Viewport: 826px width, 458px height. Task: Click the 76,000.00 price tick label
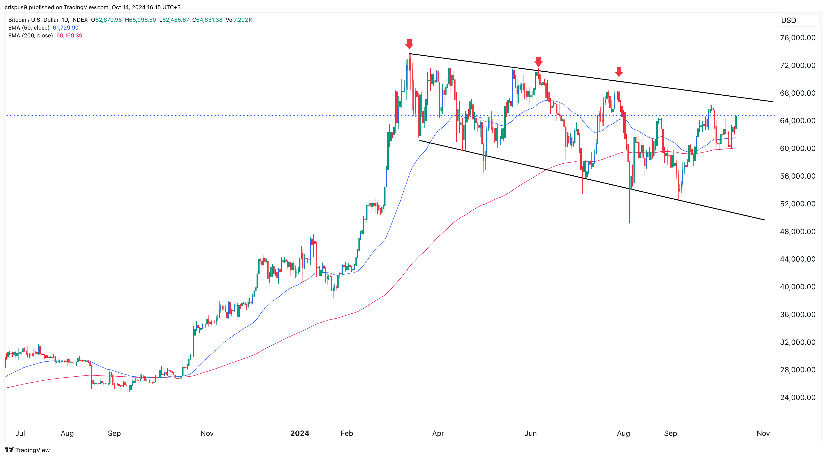click(798, 38)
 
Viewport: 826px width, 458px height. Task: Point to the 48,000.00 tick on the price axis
click(798, 231)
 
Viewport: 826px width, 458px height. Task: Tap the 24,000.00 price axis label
click(798, 397)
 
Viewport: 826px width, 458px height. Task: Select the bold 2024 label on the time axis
click(300, 433)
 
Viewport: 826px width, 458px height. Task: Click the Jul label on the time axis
click(20, 433)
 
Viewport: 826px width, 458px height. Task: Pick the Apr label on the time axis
click(438, 433)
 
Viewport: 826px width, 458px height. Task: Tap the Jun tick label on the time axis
click(530, 433)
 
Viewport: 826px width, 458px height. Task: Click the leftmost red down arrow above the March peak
click(409, 44)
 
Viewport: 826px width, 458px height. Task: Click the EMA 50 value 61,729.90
click(65, 27)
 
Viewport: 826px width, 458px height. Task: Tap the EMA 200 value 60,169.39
click(69, 36)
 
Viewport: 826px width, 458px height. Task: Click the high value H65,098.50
click(141, 20)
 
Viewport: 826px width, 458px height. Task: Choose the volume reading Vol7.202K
click(239, 20)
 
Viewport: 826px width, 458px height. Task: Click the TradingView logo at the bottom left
click(27, 450)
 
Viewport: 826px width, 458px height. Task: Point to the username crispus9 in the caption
click(16, 7)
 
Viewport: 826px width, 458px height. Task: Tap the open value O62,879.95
click(107, 20)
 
